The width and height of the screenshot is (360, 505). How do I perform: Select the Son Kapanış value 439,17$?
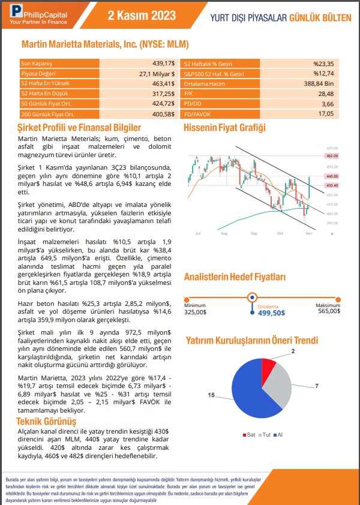tap(163, 63)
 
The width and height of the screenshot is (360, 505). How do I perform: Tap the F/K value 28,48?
tap(326, 94)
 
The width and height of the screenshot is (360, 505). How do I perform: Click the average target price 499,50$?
tap(271, 312)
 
